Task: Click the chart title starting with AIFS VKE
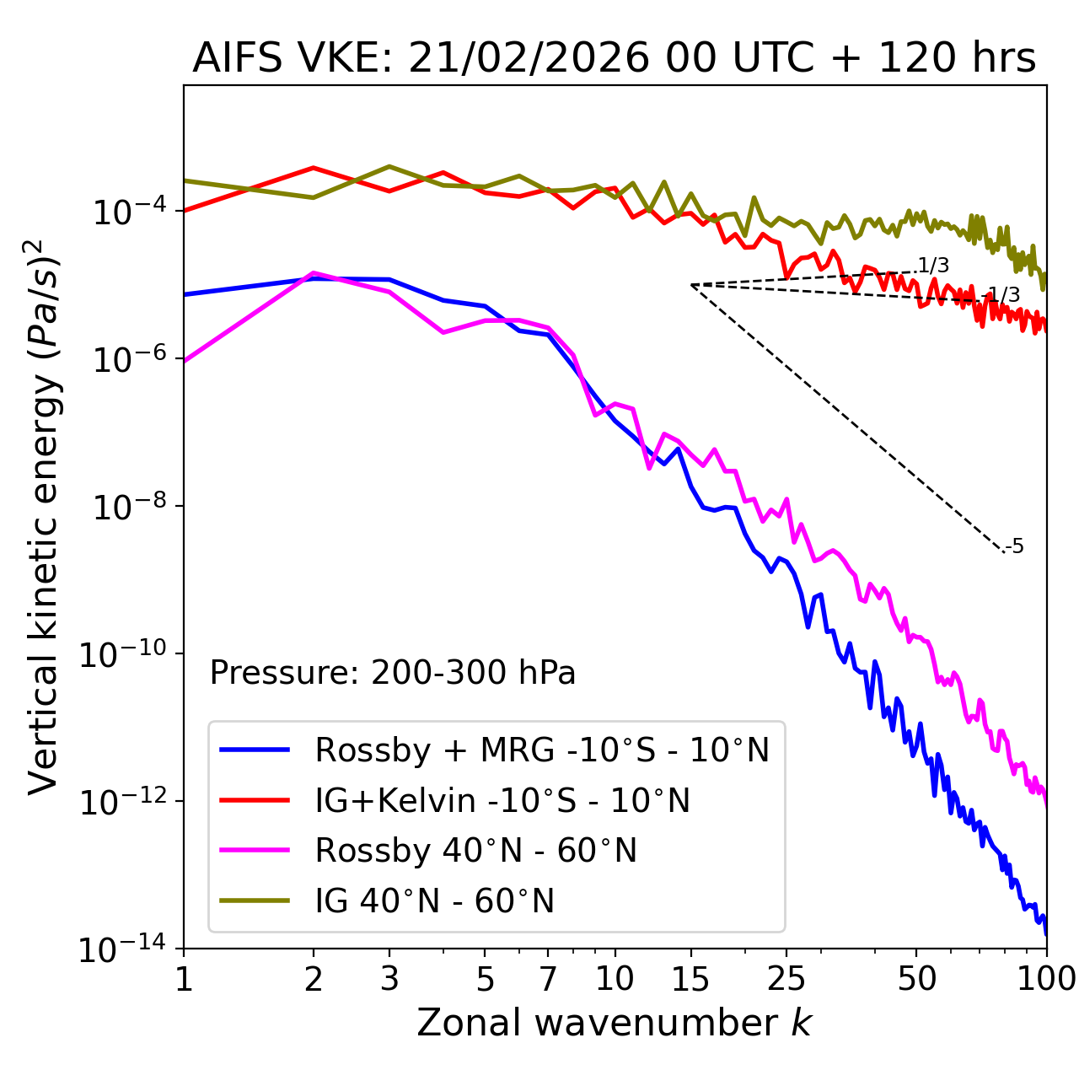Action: (x=614, y=59)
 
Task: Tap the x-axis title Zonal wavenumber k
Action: (x=614, y=1022)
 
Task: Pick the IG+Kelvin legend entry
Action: (x=502, y=800)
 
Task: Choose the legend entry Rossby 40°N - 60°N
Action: (x=475, y=851)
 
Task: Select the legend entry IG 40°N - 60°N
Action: (x=434, y=901)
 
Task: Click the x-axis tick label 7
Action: (x=548, y=979)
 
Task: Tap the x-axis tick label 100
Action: (x=1046, y=979)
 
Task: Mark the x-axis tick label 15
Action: (x=690, y=979)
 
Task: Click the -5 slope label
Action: (x=1016, y=546)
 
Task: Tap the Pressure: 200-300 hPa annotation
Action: (x=392, y=673)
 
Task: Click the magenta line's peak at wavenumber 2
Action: (x=314, y=273)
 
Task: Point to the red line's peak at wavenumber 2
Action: (x=314, y=168)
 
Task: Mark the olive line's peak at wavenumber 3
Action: (x=389, y=167)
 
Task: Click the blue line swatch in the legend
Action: (x=255, y=750)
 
